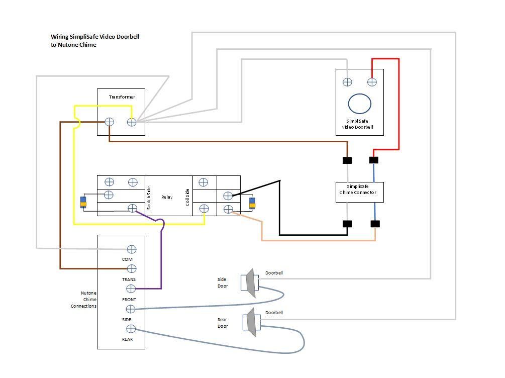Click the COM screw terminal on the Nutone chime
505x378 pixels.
pyautogui.click(x=132, y=249)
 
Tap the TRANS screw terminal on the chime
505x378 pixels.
pyautogui.click(x=132, y=269)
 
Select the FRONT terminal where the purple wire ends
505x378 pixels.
pyautogui.click(x=131, y=289)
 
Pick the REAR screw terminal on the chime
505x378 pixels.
pyautogui.click(x=131, y=329)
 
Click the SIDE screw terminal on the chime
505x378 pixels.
pyautogui.click(x=131, y=309)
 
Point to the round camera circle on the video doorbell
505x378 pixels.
pyautogui.click(x=360, y=104)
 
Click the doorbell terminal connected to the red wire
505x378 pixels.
pyautogui.click(x=372, y=82)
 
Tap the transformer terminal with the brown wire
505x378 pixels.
pyautogui.click(x=110, y=122)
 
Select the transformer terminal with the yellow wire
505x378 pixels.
pyautogui.click(x=132, y=122)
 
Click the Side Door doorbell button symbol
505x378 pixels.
pyautogui.click(x=250, y=282)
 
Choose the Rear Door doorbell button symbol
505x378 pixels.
pyautogui.click(x=250, y=323)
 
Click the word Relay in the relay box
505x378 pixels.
pyautogui.click(x=167, y=197)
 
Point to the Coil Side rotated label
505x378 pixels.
pyautogui.click(x=188, y=197)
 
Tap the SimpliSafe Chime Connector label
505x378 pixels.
pyautogui.click(x=359, y=190)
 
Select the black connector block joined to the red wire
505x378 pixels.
pyautogui.click(x=374, y=160)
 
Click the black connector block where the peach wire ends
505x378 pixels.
pyautogui.click(x=375, y=224)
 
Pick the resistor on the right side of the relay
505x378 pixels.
pyautogui.click(x=252, y=204)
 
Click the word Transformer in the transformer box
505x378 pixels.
pyautogui.click(x=122, y=97)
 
